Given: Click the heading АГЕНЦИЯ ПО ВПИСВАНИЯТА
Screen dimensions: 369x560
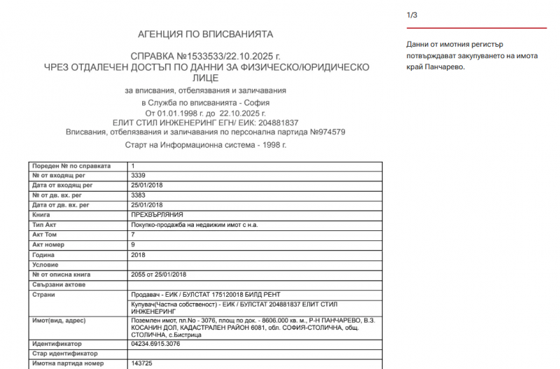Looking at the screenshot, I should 205,34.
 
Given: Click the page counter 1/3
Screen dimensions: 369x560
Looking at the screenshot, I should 412,15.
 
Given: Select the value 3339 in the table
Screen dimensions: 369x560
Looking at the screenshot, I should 138,175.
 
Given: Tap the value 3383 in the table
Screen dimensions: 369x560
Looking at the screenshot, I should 138,195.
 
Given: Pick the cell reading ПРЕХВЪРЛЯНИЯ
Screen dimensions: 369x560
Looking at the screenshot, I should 157,214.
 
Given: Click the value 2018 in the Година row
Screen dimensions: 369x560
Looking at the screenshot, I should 138,255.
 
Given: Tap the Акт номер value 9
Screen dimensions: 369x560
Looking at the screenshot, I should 133,244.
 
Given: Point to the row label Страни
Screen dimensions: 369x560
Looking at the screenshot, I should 44,295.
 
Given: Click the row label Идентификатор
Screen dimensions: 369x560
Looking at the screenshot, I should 57,344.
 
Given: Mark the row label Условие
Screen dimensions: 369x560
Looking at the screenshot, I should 45,265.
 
